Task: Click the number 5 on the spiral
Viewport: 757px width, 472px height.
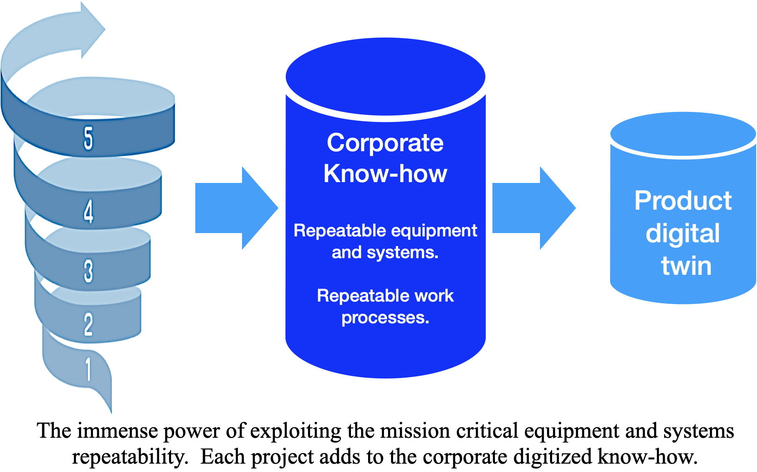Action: point(88,138)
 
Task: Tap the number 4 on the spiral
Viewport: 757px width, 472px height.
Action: point(88,211)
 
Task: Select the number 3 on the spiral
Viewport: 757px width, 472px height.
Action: point(88,271)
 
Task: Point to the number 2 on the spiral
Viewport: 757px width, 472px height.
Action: point(88,324)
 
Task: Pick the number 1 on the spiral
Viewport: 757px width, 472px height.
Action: point(88,369)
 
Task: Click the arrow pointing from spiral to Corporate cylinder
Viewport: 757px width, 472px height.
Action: point(236,208)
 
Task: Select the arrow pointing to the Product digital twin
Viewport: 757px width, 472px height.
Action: point(534,208)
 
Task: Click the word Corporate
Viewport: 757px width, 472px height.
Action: point(385,143)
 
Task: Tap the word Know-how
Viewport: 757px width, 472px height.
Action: point(385,173)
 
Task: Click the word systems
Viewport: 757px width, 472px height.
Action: point(402,252)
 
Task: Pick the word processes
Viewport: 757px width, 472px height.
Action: point(385,318)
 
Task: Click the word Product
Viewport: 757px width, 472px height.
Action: point(683,200)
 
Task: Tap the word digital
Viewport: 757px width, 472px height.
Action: point(683,233)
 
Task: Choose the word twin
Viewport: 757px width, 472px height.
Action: point(686,266)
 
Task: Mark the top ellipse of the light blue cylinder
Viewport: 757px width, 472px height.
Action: point(683,134)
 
